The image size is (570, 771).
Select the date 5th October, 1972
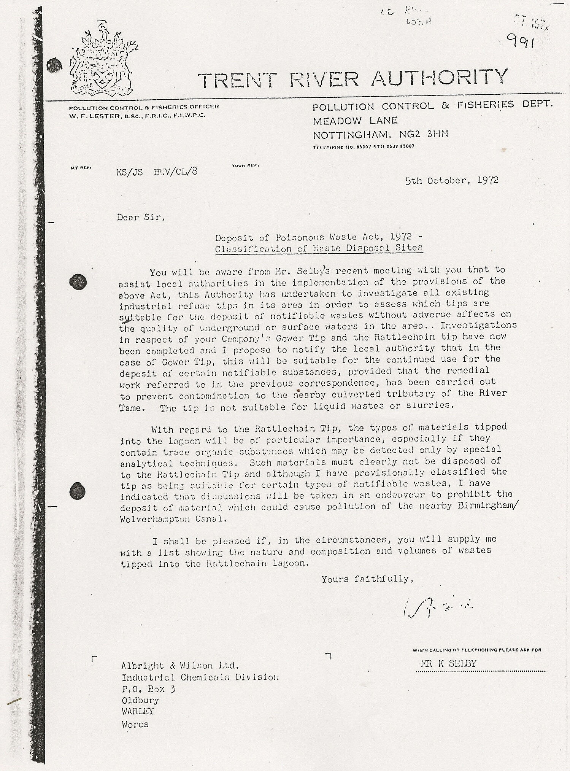(x=452, y=180)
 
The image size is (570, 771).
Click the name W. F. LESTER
(x=93, y=116)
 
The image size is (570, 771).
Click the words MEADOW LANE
(x=355, y=121)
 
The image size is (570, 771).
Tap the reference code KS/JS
(x=130, y=172)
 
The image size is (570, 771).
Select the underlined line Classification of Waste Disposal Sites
(x=319, y=249)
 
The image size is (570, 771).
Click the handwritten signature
(x=435, y=608)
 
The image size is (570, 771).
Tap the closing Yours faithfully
(x=367, y=579)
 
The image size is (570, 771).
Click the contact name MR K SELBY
(x=448, y=664)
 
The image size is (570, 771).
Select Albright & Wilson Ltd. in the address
(x=180, y=666)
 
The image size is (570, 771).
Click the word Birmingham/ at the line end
(x=486, y=506)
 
